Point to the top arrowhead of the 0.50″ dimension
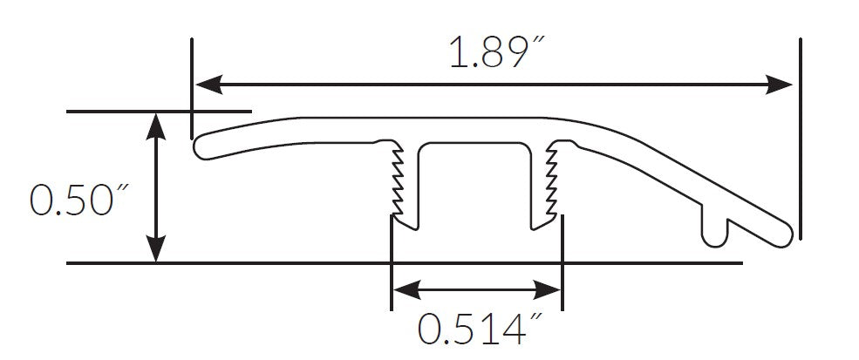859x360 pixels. (155, 124)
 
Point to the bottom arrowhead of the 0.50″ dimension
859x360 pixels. (155, 251)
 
